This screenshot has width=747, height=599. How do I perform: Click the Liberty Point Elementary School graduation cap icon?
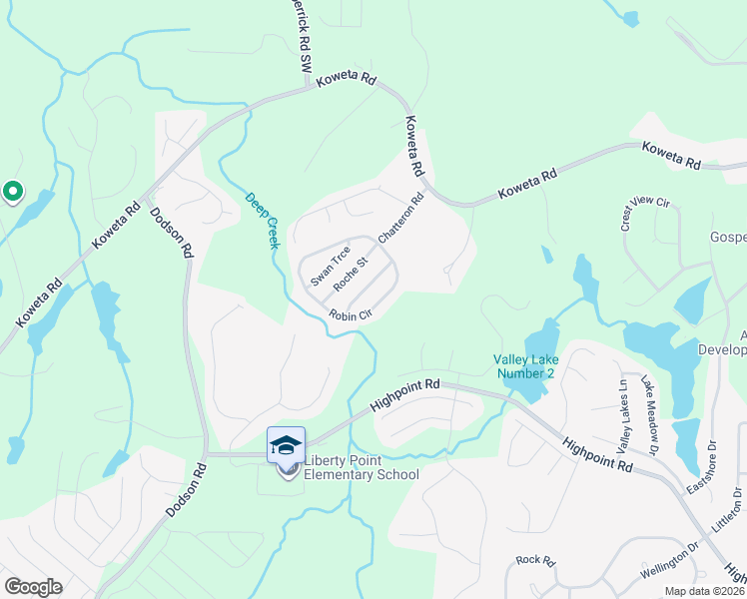point(286,445)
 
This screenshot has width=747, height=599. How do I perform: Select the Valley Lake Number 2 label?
point(524,366)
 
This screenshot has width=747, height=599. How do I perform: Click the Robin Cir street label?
point(351,314)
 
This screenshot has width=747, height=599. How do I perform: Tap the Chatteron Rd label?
point(401,217)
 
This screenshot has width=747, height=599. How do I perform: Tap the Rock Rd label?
point(535,561)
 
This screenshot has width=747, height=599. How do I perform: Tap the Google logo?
point(34,587)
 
